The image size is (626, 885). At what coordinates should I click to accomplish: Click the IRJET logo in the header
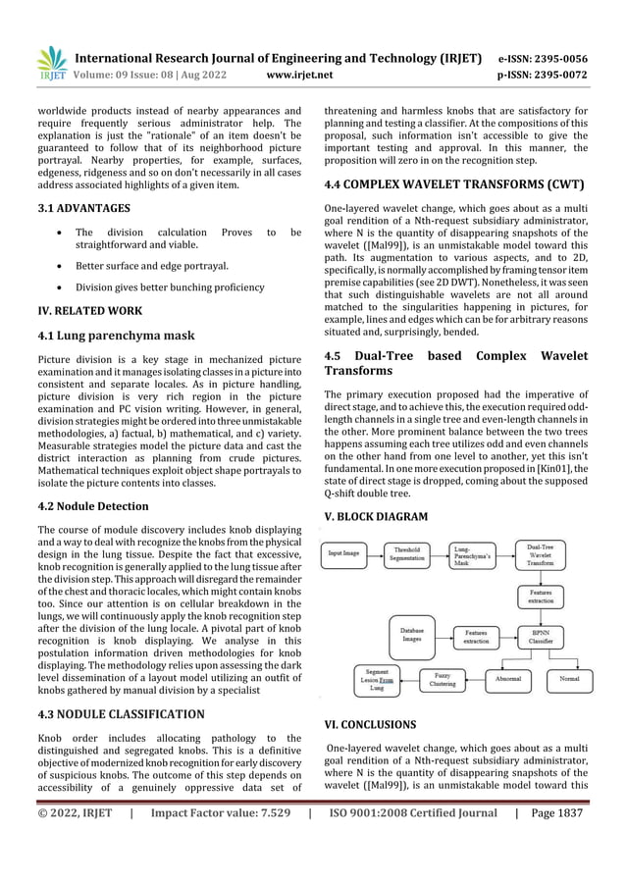coord(50,62)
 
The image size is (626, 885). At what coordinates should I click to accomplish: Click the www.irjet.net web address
coord(300,74)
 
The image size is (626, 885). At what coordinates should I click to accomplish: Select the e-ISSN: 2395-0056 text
coord(546,58)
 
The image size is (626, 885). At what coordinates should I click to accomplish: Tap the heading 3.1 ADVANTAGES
coord(83,209)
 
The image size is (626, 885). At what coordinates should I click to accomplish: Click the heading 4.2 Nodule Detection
coord(94,506)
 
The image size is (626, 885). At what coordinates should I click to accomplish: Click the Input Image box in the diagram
coord(345,554)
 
